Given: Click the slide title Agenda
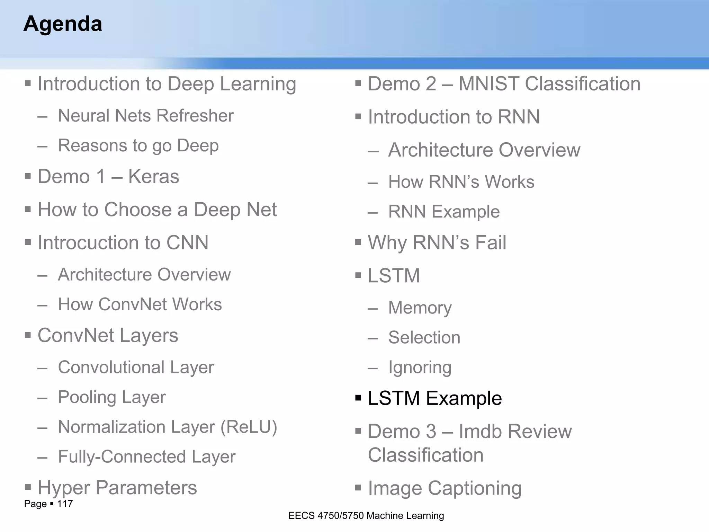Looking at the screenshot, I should (x=63, y=24).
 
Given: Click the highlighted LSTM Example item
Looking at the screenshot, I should (x=434, y=398).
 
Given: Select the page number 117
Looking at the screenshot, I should (x=65, y=504).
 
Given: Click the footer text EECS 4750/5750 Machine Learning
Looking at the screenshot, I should (x=366, y=516).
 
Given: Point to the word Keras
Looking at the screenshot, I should (x=153, y=177).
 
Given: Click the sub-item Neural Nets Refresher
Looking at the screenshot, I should (x=146, y=116).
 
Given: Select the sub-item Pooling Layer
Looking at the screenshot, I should (x=111, y=397).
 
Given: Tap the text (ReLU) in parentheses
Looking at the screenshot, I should (x=249, y=427).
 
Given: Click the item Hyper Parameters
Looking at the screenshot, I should (x=117, y=488).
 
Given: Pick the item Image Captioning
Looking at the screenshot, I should (x=445, y=488).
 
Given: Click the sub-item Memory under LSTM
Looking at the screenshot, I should (x=420, y=308).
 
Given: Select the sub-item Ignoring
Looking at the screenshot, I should (x=420, y=367).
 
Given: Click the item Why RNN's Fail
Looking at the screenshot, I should (x=437, y=242).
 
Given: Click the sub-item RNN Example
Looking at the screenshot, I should (x=444, y=212).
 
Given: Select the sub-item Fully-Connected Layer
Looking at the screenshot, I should (x=146, y=456).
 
